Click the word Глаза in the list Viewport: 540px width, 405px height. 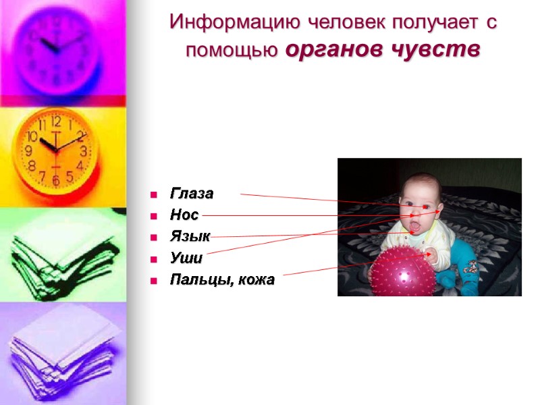(191, 194)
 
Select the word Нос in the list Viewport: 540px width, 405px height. (184, 215)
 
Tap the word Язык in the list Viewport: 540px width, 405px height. (190, 236)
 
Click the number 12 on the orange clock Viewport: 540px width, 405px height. (56, 122)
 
